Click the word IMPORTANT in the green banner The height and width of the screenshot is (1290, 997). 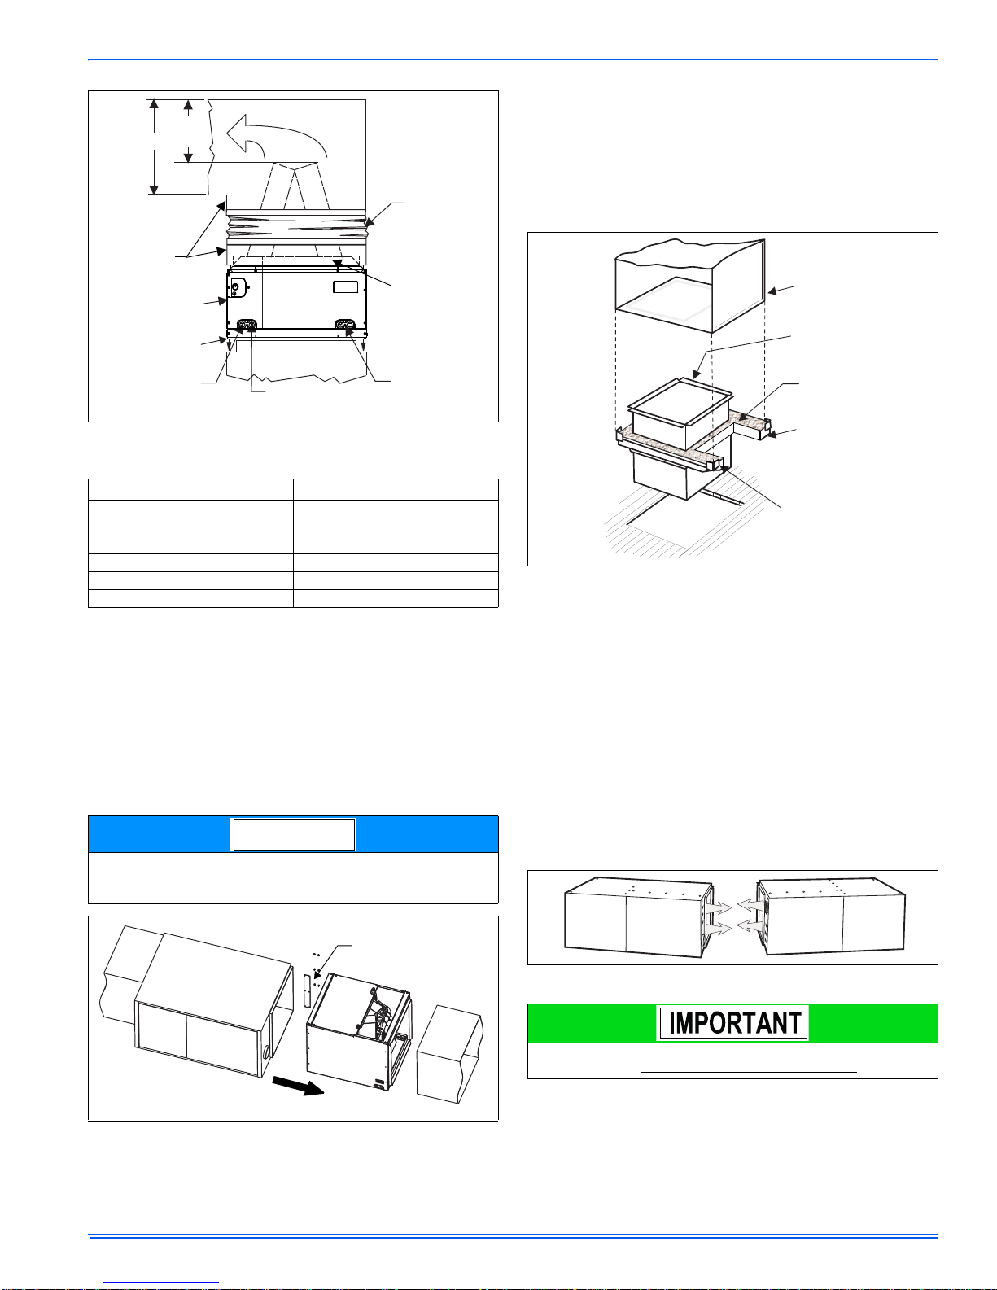pyautogui.click(x=735, y=1022)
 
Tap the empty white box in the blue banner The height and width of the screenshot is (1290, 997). pyautogui.click(x=294, y=834)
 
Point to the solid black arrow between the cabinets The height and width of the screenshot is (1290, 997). pyautogui.click(x=298, y=1086)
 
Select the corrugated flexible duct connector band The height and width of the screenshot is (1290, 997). pyautogui.click(x=296, y=226)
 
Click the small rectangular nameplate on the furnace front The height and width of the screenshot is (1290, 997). pyautogui.click(x=345, y=287)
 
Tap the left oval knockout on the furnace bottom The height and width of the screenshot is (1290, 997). pyautogui.click(x=246, y=324)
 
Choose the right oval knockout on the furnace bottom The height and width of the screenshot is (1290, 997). pyautogui.click(x=344, y=324)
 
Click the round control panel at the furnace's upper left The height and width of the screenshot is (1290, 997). pyautogui.click(x=236, y=287)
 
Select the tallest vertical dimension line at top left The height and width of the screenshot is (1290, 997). pyautogui.click(x=154, y=146)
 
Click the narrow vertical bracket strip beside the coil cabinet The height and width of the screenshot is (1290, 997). pyautogui.click(x=306, y=990)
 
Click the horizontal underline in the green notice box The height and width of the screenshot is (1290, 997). pyautogui.click(x=749, y=1072)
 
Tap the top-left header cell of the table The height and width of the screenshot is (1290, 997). pyautogui.click(x=190, y=490)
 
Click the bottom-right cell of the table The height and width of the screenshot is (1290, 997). pyautogui.click(x=396, y=598)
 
